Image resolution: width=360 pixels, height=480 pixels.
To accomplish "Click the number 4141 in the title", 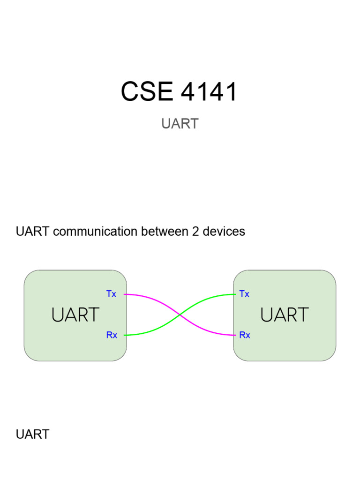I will click(209, 91).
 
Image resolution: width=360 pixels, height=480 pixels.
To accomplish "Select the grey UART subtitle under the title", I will click(180, 124).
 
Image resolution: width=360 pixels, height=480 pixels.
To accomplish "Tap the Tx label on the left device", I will click(111, 294).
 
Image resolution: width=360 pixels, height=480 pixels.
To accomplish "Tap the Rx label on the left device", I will click(112, 335).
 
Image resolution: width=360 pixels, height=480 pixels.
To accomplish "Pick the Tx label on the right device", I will click(244, 294).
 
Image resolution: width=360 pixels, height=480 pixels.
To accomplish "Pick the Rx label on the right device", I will click(245, 335).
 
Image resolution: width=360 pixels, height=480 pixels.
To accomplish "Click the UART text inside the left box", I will click(75, 315).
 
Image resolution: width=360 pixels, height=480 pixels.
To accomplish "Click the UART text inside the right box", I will click(285, 315).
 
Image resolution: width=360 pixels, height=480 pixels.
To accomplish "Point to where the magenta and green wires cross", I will click(180, 315).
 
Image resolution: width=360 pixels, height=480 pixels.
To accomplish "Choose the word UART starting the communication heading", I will click(33, 232).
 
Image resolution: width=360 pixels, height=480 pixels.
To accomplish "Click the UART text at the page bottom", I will click(33, 435).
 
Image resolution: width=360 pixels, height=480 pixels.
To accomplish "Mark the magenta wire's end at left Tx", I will click(124, 294).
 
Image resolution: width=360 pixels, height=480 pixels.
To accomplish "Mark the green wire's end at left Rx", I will click(124, 335).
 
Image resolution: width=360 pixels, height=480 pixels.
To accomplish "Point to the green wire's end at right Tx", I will click(235, 294).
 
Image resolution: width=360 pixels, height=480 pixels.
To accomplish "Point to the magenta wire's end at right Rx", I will click(235, 335).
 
